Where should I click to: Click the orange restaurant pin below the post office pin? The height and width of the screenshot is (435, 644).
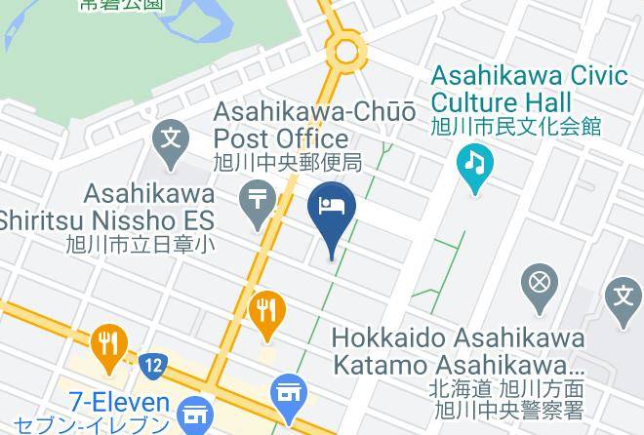pyautogui.click(x=265, y=312)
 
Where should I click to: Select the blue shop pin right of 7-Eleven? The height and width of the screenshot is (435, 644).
pyautogui.click(x=288, y=393)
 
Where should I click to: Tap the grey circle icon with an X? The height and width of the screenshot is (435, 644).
pyautogui.click(x=539, y=284)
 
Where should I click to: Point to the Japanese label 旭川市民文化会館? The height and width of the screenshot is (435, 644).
pyautogui.click(x=517, y=126)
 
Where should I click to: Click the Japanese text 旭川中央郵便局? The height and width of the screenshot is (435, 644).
pyautogui.click(x=288, y=162)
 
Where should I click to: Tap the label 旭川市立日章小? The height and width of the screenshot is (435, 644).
pyautogui.click(x=141, y=246)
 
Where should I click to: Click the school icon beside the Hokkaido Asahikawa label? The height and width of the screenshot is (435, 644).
pyautogui.click(x=623, y=295)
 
